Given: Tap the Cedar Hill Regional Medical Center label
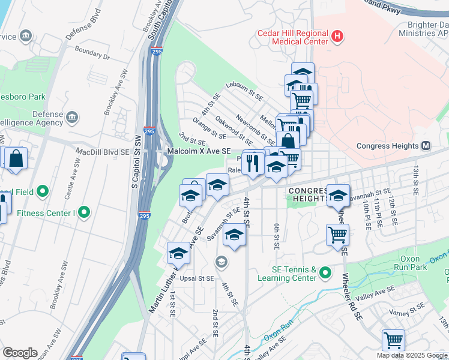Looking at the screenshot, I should (292, 37).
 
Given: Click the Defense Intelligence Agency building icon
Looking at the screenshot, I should (72, 116).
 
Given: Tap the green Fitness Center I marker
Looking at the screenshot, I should (85, 212).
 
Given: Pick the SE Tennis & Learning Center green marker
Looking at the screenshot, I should (325, 273).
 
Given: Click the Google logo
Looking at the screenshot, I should (20, 353).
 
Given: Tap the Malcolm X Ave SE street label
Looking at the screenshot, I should (199, 152).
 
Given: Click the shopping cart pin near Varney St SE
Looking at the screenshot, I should (393, 340).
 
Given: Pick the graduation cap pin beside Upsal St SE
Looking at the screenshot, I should (178, 254).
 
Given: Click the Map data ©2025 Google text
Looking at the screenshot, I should (412, 355).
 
